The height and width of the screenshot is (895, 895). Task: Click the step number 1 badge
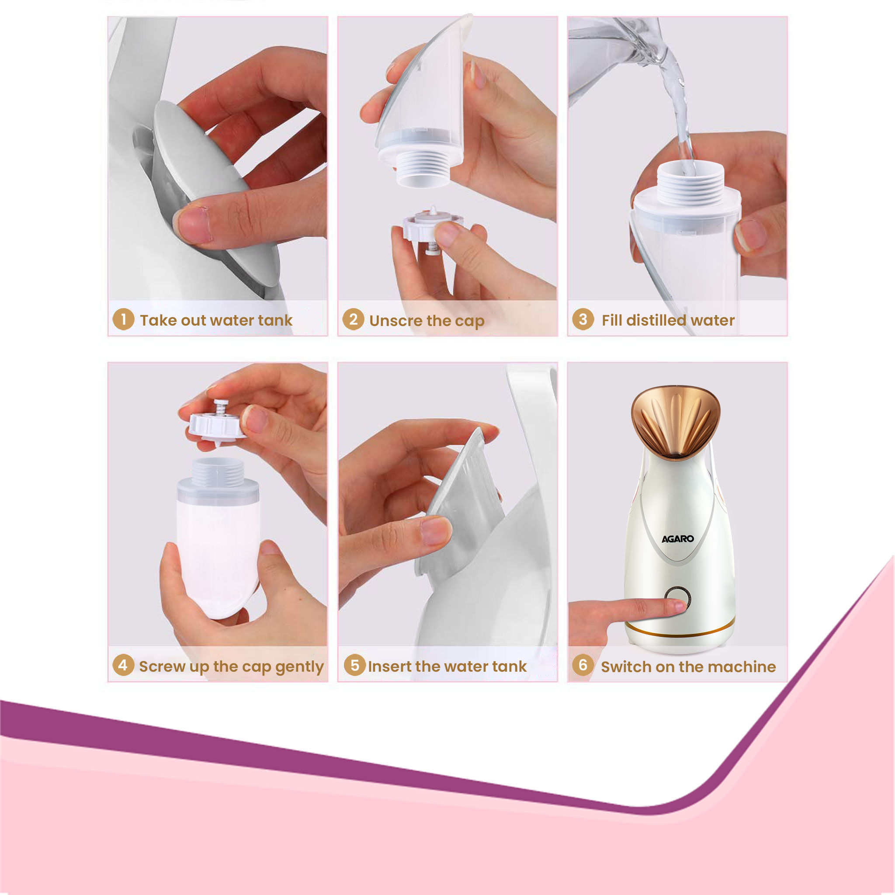[123, 319]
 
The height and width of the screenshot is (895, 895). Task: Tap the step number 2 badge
[353, 319]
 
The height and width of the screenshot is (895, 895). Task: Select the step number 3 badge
[583, 319]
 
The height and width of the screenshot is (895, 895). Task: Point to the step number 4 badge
[123, 665]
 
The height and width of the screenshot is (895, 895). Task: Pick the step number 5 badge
[354, 665]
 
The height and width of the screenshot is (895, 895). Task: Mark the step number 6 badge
[583, 665]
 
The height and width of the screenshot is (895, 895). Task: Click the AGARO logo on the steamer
[677, 539]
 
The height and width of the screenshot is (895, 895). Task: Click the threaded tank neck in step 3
[690, 183]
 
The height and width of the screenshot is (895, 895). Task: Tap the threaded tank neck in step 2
[423, 169]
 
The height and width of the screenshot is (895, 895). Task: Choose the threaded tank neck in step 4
[218, 472]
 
